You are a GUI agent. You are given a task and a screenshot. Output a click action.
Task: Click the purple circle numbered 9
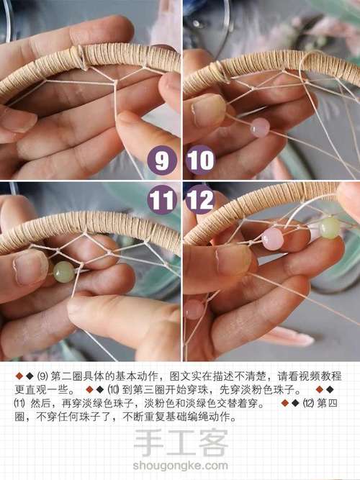pos(162,160)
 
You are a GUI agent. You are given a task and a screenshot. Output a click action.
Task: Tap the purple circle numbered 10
pos(199,160)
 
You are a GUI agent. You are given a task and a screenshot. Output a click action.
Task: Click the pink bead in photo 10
pos(260,127)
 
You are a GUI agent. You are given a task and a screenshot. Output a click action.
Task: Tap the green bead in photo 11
pos(64,271)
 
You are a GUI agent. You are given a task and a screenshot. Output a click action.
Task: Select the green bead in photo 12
pos(330,227)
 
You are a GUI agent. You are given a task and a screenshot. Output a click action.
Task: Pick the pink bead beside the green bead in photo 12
pos(272,239)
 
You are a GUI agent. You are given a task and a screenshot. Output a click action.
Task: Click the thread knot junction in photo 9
pos(114,82)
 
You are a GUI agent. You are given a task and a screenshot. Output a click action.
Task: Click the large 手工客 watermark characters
pos(181,443)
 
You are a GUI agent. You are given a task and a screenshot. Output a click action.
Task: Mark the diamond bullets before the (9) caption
pos(24,377)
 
